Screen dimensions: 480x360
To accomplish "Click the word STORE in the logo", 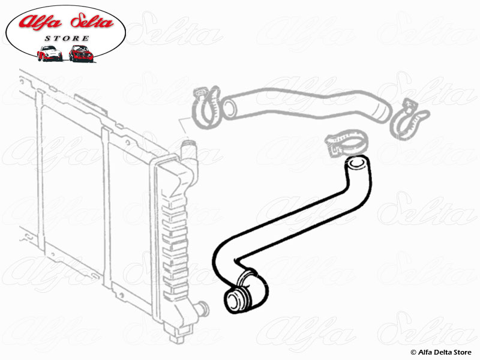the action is (67, 38).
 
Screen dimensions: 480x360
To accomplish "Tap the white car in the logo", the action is (49, 53).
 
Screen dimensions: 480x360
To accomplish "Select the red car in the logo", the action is (81, 53).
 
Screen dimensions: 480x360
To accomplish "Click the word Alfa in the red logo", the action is (40, 22).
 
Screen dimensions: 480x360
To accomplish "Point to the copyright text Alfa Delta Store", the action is (441, 352).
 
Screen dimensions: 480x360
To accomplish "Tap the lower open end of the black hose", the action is (234, 302).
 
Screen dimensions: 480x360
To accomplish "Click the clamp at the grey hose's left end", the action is (206, 106).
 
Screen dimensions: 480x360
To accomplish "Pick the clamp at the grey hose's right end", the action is (409, 119).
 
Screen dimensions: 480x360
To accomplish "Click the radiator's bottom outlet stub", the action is (202, 309).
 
